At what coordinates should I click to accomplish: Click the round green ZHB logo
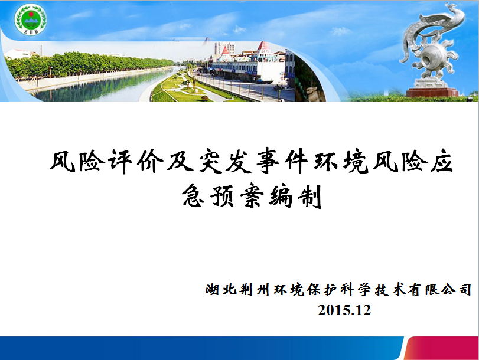tap(31, 19)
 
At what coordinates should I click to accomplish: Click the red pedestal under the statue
tap(432, 92)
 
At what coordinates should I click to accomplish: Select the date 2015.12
tap(344, 310)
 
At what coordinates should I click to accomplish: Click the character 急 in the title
tap(193, 195)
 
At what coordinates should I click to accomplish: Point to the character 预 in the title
tap(222, 195)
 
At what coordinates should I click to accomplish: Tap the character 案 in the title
tap(252, 195)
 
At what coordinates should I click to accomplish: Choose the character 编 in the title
tap(281, 195)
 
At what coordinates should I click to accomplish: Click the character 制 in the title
tap(309, 196)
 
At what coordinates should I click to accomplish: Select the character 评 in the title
tap(120, 161)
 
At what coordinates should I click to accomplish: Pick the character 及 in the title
tap(179, 161)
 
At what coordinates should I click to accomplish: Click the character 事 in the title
tap(268, 161)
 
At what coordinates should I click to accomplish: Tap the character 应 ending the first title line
tap(442, 161)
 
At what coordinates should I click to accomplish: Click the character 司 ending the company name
tap(465, 289)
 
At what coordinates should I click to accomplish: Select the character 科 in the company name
tap(347, 289)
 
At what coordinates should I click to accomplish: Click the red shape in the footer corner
tap(442, 348)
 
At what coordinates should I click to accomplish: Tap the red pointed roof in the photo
tap(263, 46)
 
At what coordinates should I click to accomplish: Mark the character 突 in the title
tap(208, 161)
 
